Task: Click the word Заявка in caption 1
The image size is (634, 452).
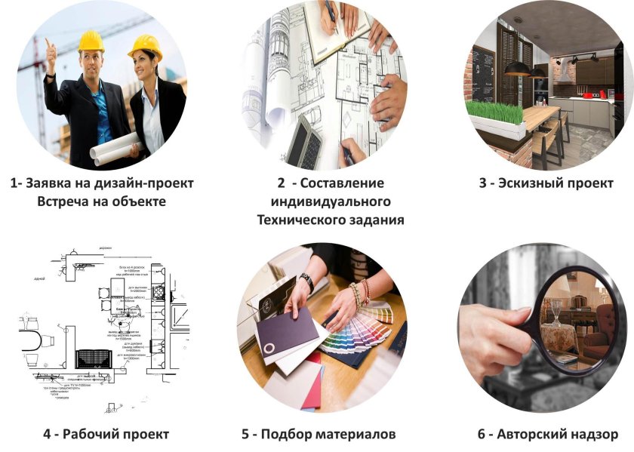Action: tap(54, 183)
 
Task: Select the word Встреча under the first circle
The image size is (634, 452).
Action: tap(66, 201)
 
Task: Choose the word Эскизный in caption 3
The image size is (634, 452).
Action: tap(531, 183)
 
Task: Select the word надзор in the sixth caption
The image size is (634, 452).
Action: tap(593, 434)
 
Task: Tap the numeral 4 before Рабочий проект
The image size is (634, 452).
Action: tap(48, 434)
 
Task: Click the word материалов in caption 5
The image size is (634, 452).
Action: tap(355, 434)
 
